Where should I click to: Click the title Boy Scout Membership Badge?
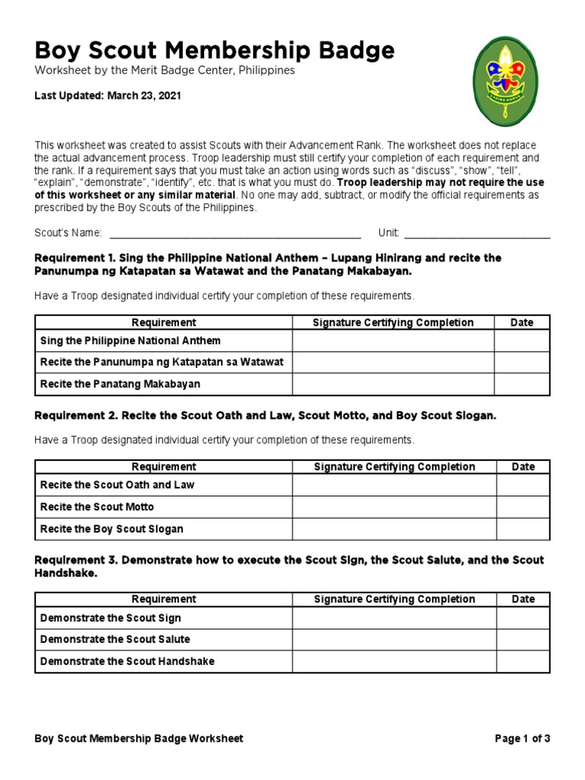(215, 51)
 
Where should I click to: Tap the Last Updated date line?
(107, 96)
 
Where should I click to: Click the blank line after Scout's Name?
(235, 233)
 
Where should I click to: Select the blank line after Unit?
(477, 233)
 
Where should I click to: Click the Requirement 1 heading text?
(268, 264)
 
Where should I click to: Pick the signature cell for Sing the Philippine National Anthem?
(393, 340)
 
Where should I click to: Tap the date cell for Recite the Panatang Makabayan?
(522, 384)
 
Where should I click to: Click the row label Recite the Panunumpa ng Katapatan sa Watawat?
(161, 362)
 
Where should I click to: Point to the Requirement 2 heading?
(265, 416)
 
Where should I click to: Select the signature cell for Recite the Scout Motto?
(395, 507)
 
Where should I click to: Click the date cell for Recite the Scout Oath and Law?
(523, 485)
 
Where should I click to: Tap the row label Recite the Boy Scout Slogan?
(112, 529)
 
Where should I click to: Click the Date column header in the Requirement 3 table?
(523, 599)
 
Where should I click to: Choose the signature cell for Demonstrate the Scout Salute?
(395, 639)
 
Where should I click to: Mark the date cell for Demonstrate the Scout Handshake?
(523, 661)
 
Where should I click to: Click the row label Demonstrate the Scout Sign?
(110, 618)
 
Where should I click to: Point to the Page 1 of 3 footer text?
(522, 738)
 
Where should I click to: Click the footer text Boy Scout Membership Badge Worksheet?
(139, 738)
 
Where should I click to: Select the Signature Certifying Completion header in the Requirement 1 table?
(393, 322)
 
